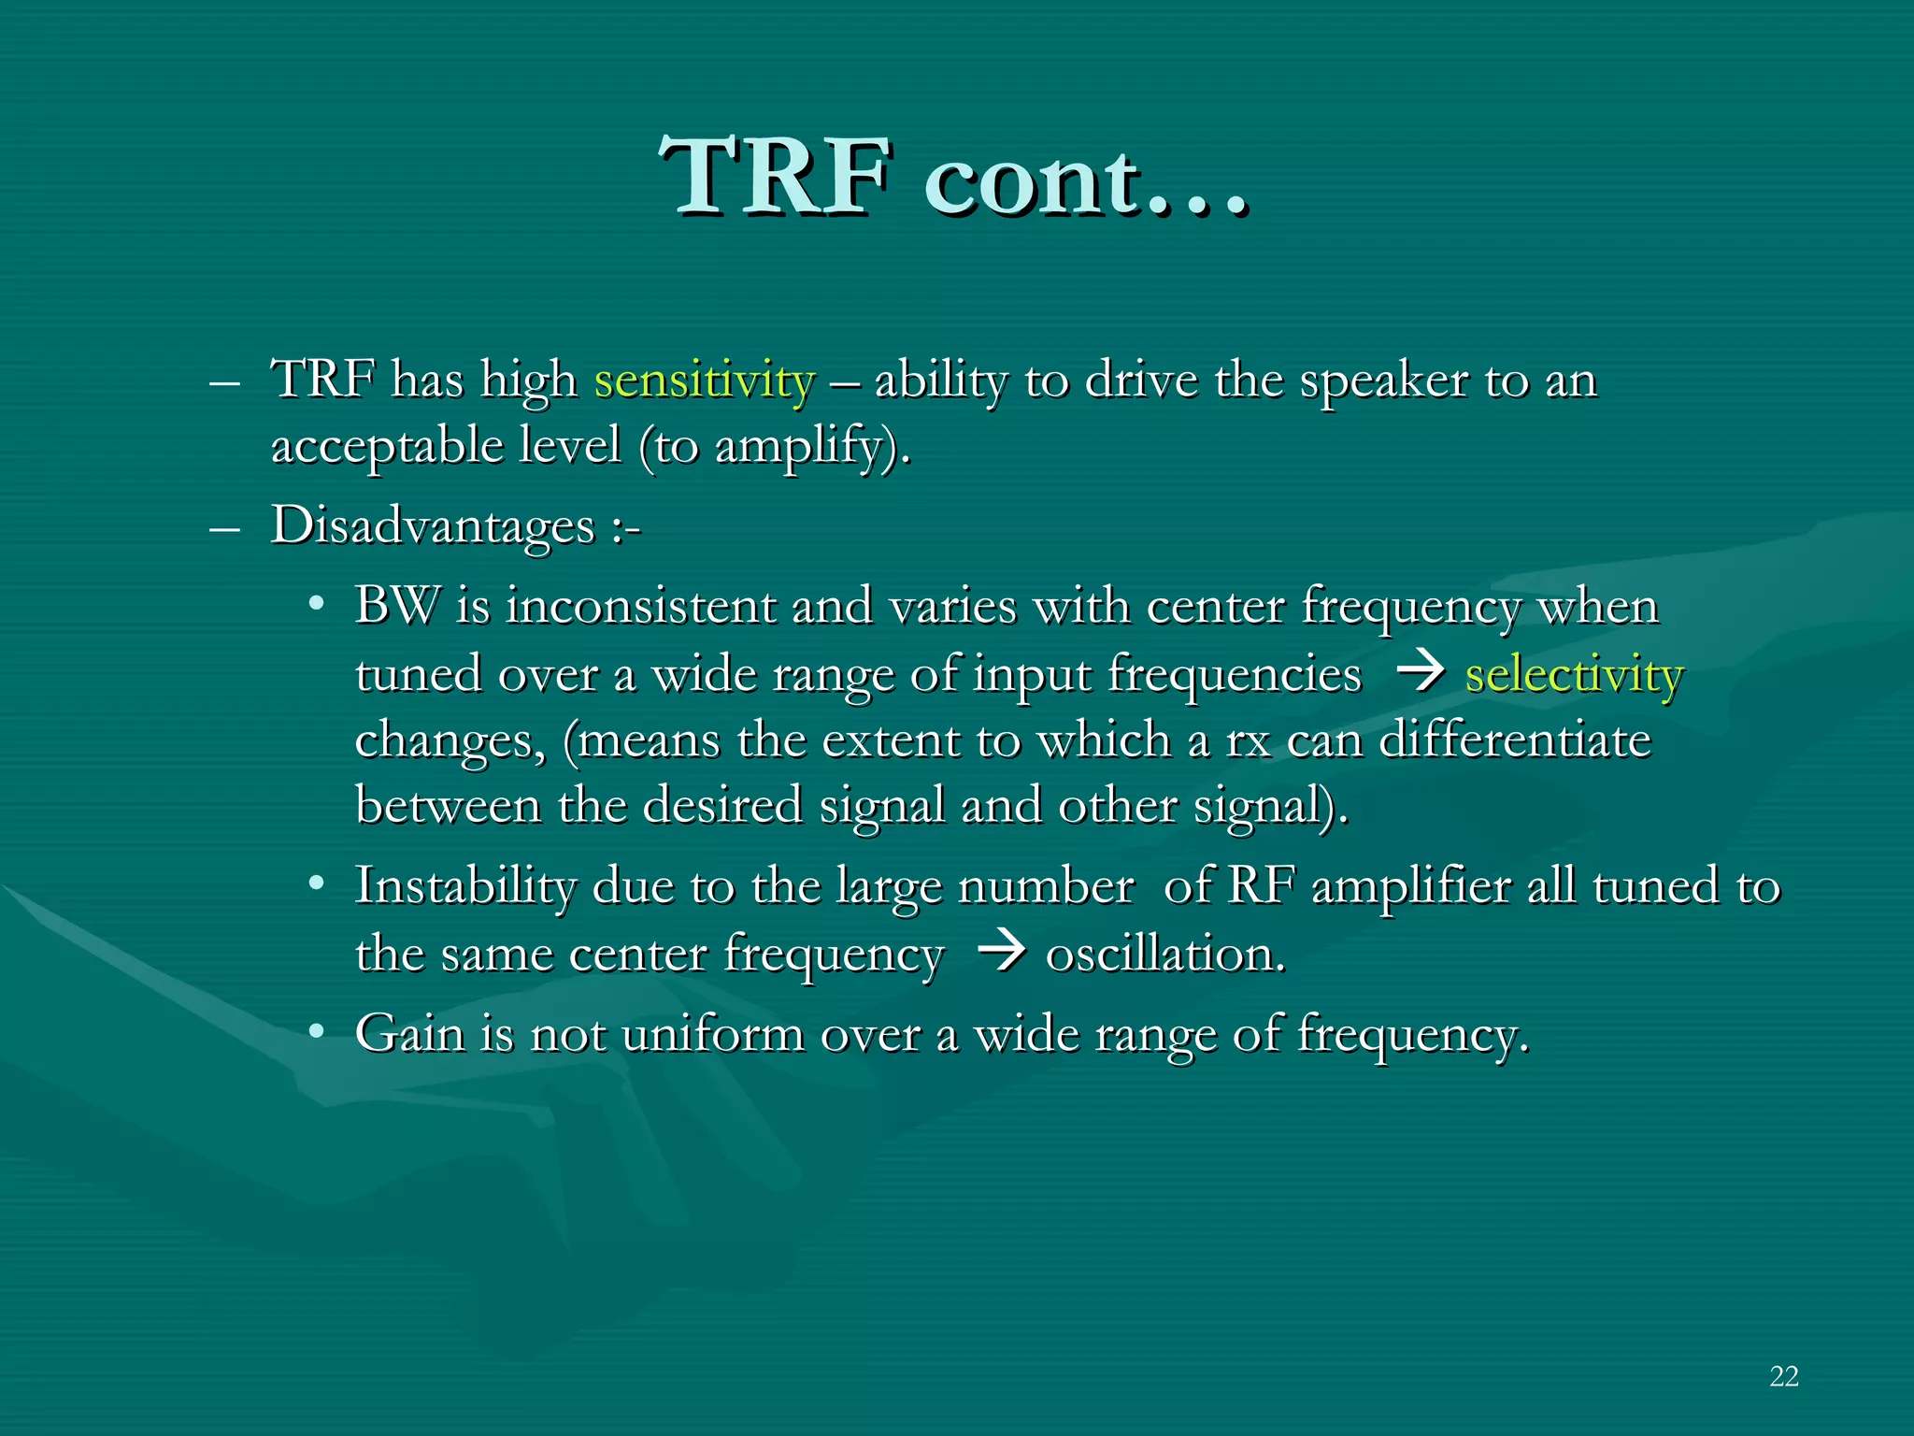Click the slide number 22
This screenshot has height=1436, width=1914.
(x=1783, y=1376)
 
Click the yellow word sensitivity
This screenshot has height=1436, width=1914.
(x=705, y=381)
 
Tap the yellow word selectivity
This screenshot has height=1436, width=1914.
(x=1574, y=674)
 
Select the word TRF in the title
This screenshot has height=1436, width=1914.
(x=775, y=177)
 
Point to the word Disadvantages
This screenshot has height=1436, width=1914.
(x=433, y=526)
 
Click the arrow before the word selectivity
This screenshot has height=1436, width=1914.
(x=1420, y=672)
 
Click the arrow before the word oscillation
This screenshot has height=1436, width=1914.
(x=1001, y=953)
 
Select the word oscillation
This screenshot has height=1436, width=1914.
(x=1165, y=955)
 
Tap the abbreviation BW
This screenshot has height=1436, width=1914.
(x=396, y=606)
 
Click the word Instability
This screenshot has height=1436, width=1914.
(x=465, y=886)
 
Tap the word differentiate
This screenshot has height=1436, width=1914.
(x=1515, y=740)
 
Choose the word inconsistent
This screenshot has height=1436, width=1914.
(x=640, y=606)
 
